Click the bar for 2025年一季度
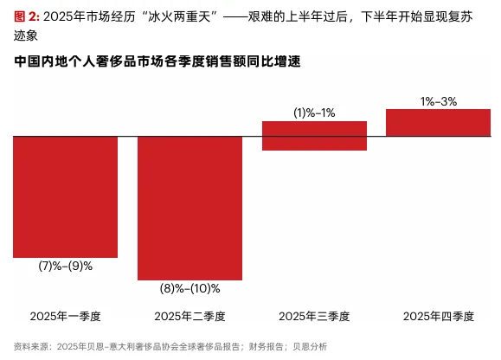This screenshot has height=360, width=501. [65, 196]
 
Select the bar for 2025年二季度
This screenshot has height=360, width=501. [189, 209]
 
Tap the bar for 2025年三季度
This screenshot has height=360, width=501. [314, 136]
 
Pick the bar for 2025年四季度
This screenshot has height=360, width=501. [438, 123]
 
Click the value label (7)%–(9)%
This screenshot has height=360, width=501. [66, 266]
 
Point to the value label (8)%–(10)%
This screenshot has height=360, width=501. [189, 288]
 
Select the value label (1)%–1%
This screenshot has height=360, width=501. [314, 112]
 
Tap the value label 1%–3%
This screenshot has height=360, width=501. [439, 101]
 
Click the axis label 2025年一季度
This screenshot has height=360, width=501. [66, 316]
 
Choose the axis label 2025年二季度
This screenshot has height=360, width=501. [189, 316]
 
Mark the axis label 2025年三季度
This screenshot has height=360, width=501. [314, 316]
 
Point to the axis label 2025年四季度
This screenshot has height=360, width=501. [439, 316]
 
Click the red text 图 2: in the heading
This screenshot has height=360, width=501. [27, 16]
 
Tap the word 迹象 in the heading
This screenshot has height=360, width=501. [26, 35]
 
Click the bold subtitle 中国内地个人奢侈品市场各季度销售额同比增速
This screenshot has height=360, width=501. [157, 61]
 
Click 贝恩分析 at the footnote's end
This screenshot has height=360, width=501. [310, 346]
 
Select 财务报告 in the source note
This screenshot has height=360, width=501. [267, 346]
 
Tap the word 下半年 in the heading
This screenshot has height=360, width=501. [379, 16]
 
